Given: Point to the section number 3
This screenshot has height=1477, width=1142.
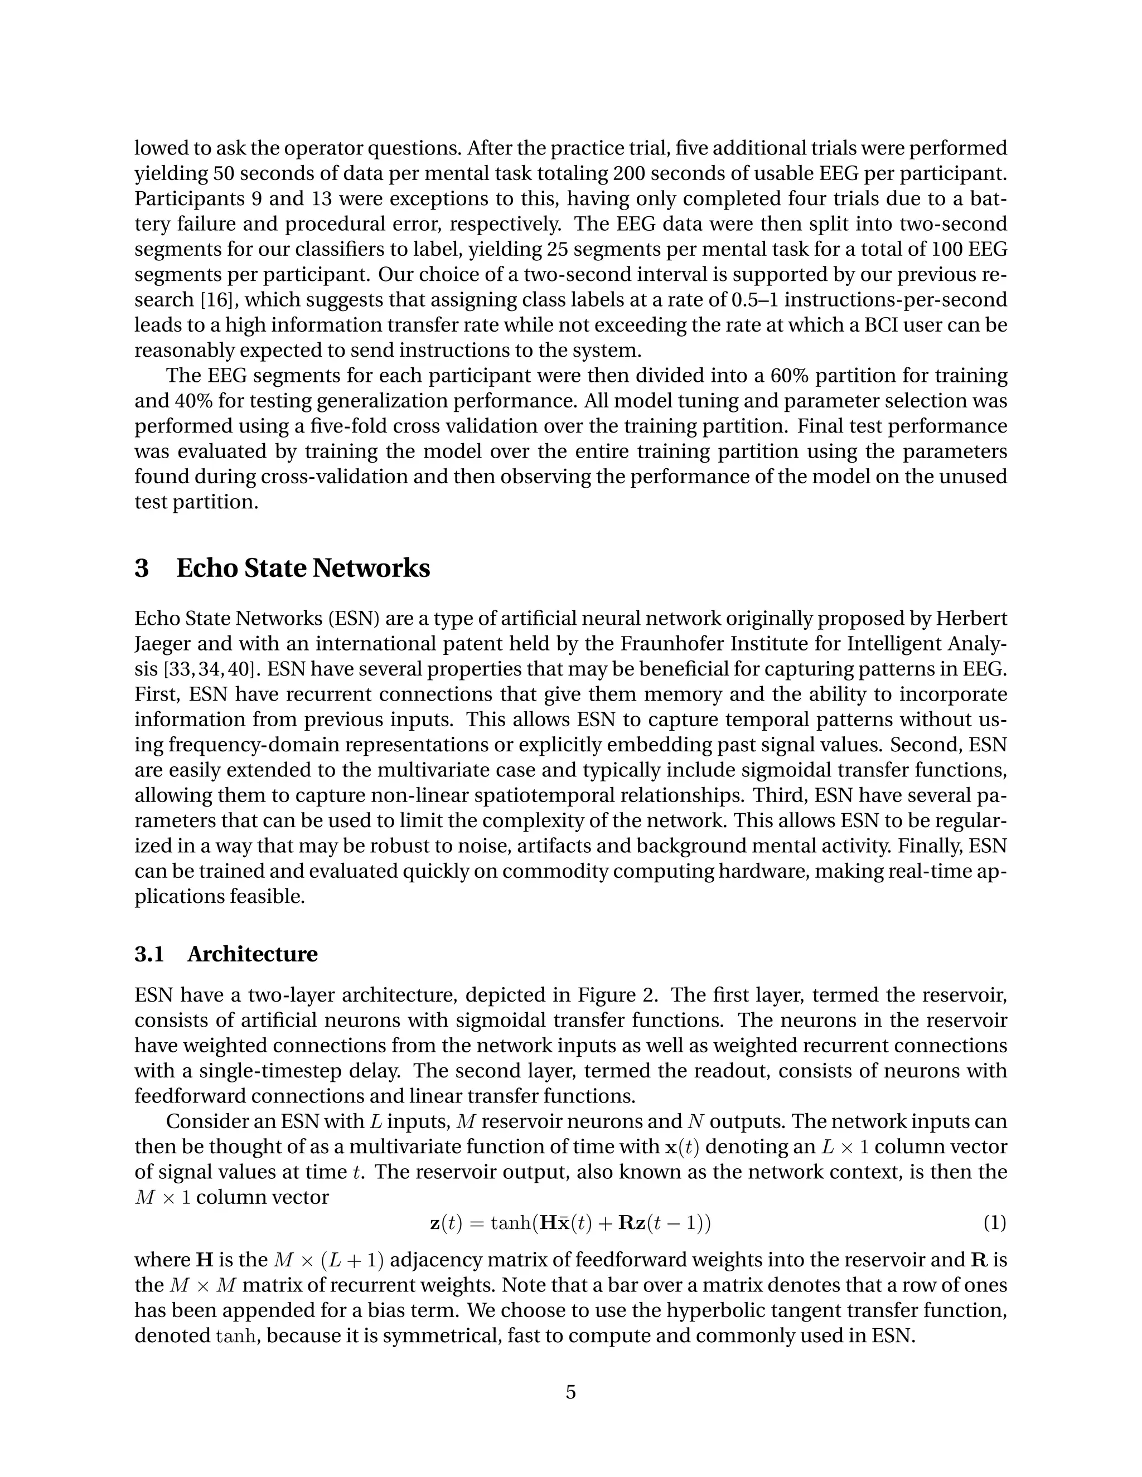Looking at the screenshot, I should coord(142,568).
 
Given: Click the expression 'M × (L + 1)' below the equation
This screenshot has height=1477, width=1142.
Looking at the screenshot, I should coord(328,1260).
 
